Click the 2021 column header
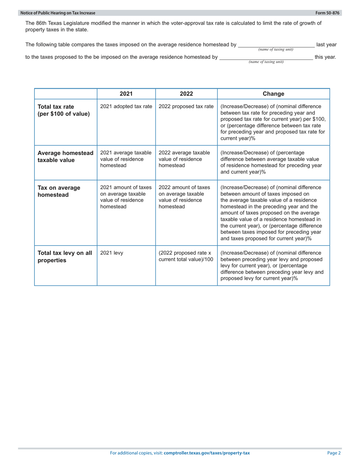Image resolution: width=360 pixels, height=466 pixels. [x=126, y=94]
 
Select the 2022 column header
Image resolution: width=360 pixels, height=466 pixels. [x=186, y=94]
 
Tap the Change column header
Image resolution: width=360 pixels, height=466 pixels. [x=273, y=94]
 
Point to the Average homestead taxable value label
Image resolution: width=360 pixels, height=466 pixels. [x=65, y=156]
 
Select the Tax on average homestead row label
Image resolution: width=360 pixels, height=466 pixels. [x=59, y=191]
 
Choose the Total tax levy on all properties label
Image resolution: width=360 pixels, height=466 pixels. [x=65, y=257]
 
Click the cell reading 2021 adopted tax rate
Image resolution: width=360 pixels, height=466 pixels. [x=126, y=106]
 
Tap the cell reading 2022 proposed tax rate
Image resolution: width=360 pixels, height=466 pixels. [x=186, y=106]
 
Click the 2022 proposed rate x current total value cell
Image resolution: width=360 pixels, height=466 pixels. [x=186, y=256]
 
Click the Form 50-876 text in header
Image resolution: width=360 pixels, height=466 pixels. [x=330, y=13]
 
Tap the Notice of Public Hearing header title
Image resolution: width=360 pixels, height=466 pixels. [x=58, y=13]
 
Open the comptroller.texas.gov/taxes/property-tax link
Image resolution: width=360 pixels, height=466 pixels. [x=207, y=453]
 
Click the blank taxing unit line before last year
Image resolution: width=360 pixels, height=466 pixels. [x=276, y=45]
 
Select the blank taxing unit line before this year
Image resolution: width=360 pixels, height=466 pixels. [x=266, y=58]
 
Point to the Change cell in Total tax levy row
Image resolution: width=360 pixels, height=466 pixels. [x=273, y=265]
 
